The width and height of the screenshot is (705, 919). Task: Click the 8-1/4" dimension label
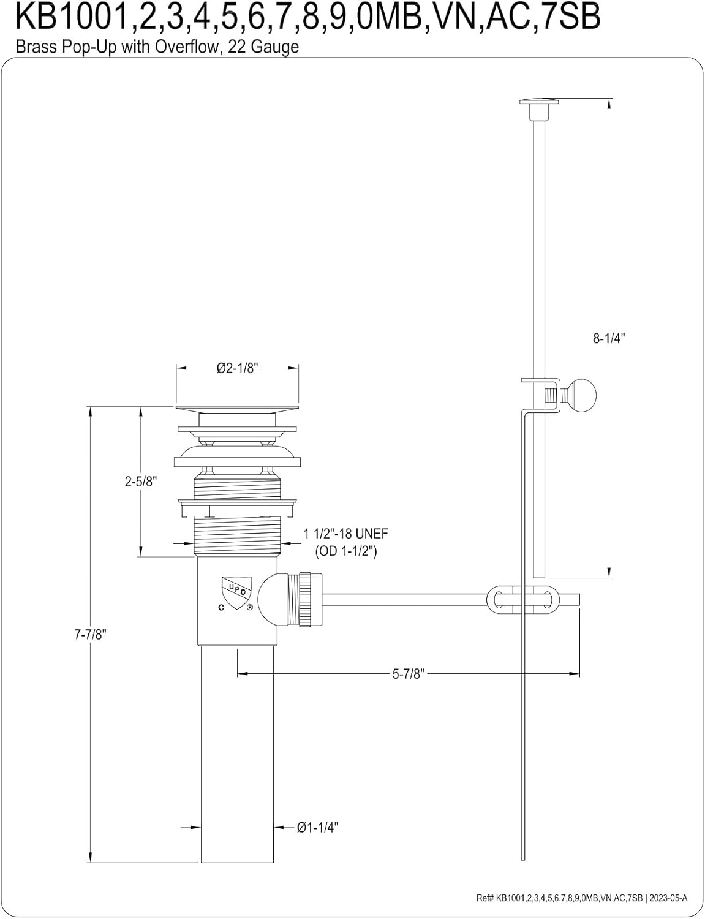tap(609, 338)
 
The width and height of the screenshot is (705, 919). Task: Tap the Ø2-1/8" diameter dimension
tap(237, 368)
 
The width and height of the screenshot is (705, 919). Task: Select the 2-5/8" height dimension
tap(141, 482)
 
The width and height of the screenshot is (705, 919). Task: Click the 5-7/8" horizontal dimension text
tap(408, 674)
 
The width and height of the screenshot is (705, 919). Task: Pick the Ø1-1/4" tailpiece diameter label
tap(318, 827)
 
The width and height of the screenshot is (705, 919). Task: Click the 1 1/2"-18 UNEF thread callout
tap(345, 534)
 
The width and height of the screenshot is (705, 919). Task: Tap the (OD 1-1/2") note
tap(345, 551)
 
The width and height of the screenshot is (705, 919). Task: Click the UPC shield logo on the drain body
tap(236, 592)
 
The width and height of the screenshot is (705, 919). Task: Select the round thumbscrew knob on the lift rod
tap(582, 395)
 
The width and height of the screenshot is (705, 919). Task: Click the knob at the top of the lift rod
tap(538, 102)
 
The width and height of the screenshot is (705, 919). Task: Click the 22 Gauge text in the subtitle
tap(263, 47)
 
